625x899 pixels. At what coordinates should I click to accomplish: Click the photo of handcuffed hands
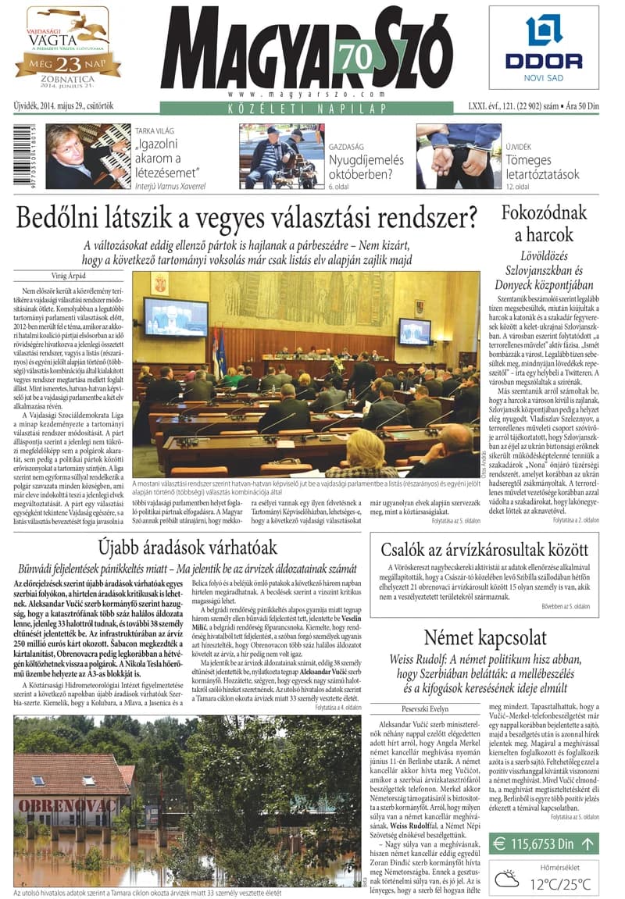pos(459,155)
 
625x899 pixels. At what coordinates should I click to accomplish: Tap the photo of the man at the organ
pos(87,156)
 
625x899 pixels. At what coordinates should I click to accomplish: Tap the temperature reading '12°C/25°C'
pos(560,884)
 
